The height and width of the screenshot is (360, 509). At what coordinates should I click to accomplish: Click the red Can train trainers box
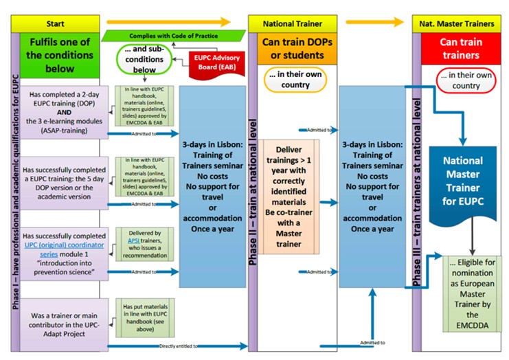point(456,47)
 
